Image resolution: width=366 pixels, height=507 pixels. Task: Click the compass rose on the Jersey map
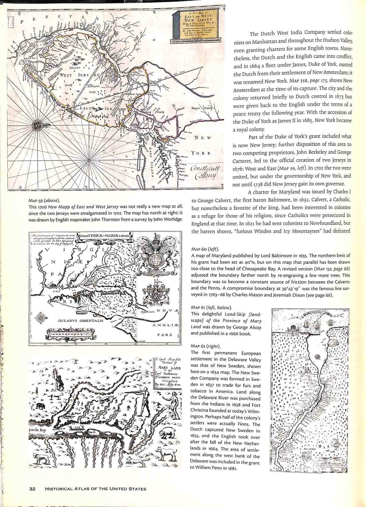[x=38, y=125]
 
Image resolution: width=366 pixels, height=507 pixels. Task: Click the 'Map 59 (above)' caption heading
[x=44, y=201]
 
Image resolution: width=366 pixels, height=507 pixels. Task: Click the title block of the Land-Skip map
[x=168, y=372]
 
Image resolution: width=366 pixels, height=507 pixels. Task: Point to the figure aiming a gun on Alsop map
[x=145, y=403]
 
